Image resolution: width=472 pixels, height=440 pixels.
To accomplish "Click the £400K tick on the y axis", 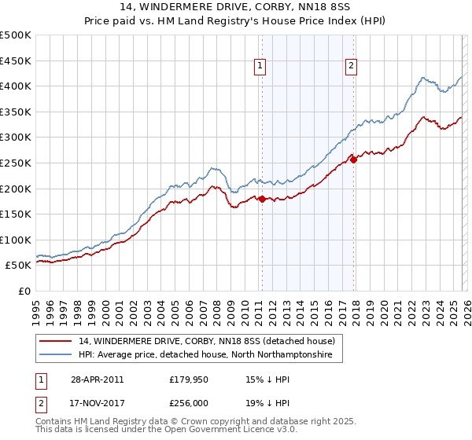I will tap(16, 86).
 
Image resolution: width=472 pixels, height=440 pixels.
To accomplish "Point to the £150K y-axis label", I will tap(16, 214).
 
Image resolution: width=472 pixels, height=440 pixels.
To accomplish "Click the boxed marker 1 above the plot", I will tap(260, 66).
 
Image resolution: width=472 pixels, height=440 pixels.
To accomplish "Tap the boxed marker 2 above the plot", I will tap(351, 66).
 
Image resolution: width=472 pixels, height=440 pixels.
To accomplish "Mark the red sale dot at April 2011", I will tap(262, 200).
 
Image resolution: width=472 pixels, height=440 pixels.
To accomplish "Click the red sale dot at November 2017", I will tap(353, 160).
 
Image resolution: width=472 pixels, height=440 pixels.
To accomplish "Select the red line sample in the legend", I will tap(57, 342).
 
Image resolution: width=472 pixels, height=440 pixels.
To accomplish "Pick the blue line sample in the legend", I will tap(57, 356).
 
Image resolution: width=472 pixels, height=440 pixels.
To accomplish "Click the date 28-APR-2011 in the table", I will tap(96, 379).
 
